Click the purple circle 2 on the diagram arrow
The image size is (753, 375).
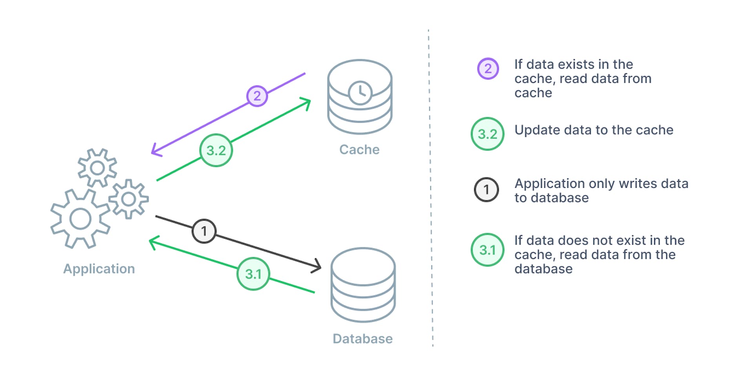[x=257, y=96]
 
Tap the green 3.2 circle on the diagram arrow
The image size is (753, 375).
[x=216, y=150]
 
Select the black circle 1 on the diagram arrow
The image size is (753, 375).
[x=204, y=231]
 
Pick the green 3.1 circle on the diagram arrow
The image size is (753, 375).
[x=253, y=274]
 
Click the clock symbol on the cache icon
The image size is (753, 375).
[x=360, y=92]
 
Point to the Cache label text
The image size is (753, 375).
[x=359, y=150]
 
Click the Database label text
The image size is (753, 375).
[x=362, y=339]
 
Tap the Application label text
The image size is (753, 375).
[x=99, y=269]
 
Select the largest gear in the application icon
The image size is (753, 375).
[x=80, y=219]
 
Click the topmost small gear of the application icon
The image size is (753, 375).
[x=97, y=168]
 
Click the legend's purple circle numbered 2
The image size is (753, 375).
[x=488, y=69]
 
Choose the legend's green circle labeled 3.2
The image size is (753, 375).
[x=487, y=134]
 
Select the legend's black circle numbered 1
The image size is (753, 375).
[x=486, y=190]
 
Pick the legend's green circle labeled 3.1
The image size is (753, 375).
[x=487, y=250]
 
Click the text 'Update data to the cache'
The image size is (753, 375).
[x=593, y=130]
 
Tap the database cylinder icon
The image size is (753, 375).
[x=363, y=285]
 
